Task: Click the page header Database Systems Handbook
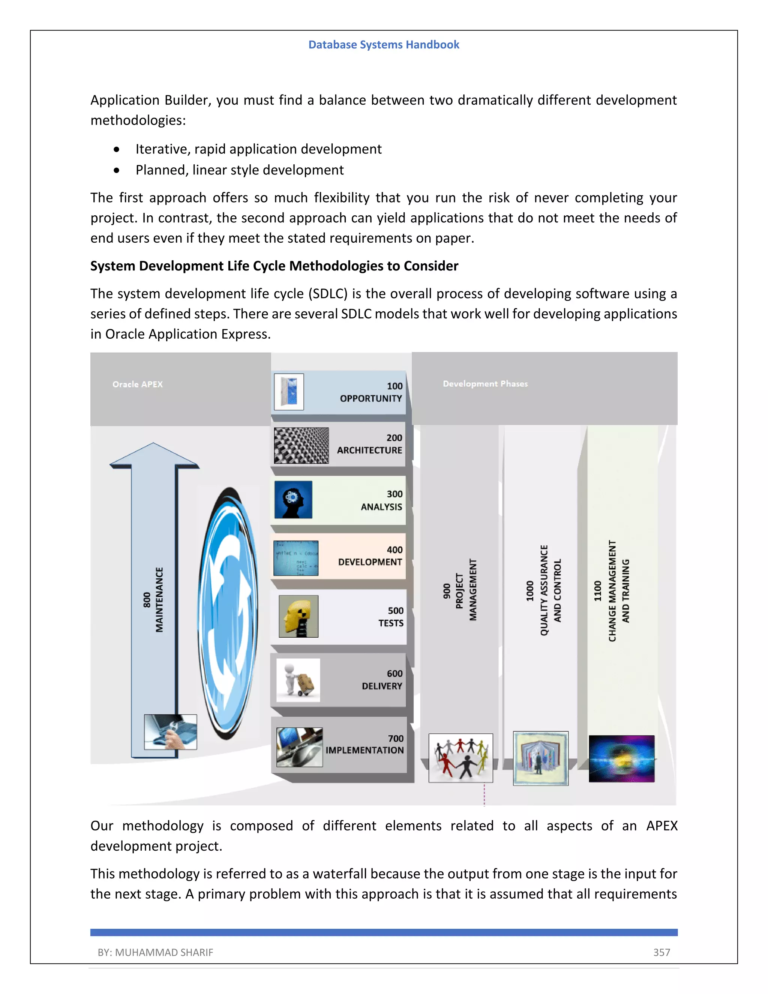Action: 384,45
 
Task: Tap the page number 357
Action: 661,952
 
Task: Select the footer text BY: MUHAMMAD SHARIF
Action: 155,952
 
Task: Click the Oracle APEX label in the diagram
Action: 137,384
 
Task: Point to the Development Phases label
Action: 485,384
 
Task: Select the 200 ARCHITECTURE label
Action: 369,444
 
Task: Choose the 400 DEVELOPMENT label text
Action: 370,556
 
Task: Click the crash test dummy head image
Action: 298,616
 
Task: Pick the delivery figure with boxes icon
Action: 298,680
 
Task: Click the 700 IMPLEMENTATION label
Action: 364,744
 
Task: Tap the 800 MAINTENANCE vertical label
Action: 153,599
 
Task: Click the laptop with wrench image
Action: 170,732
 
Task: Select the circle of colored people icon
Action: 460,758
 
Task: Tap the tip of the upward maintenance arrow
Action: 153,444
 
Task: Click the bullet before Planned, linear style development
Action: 117,170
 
